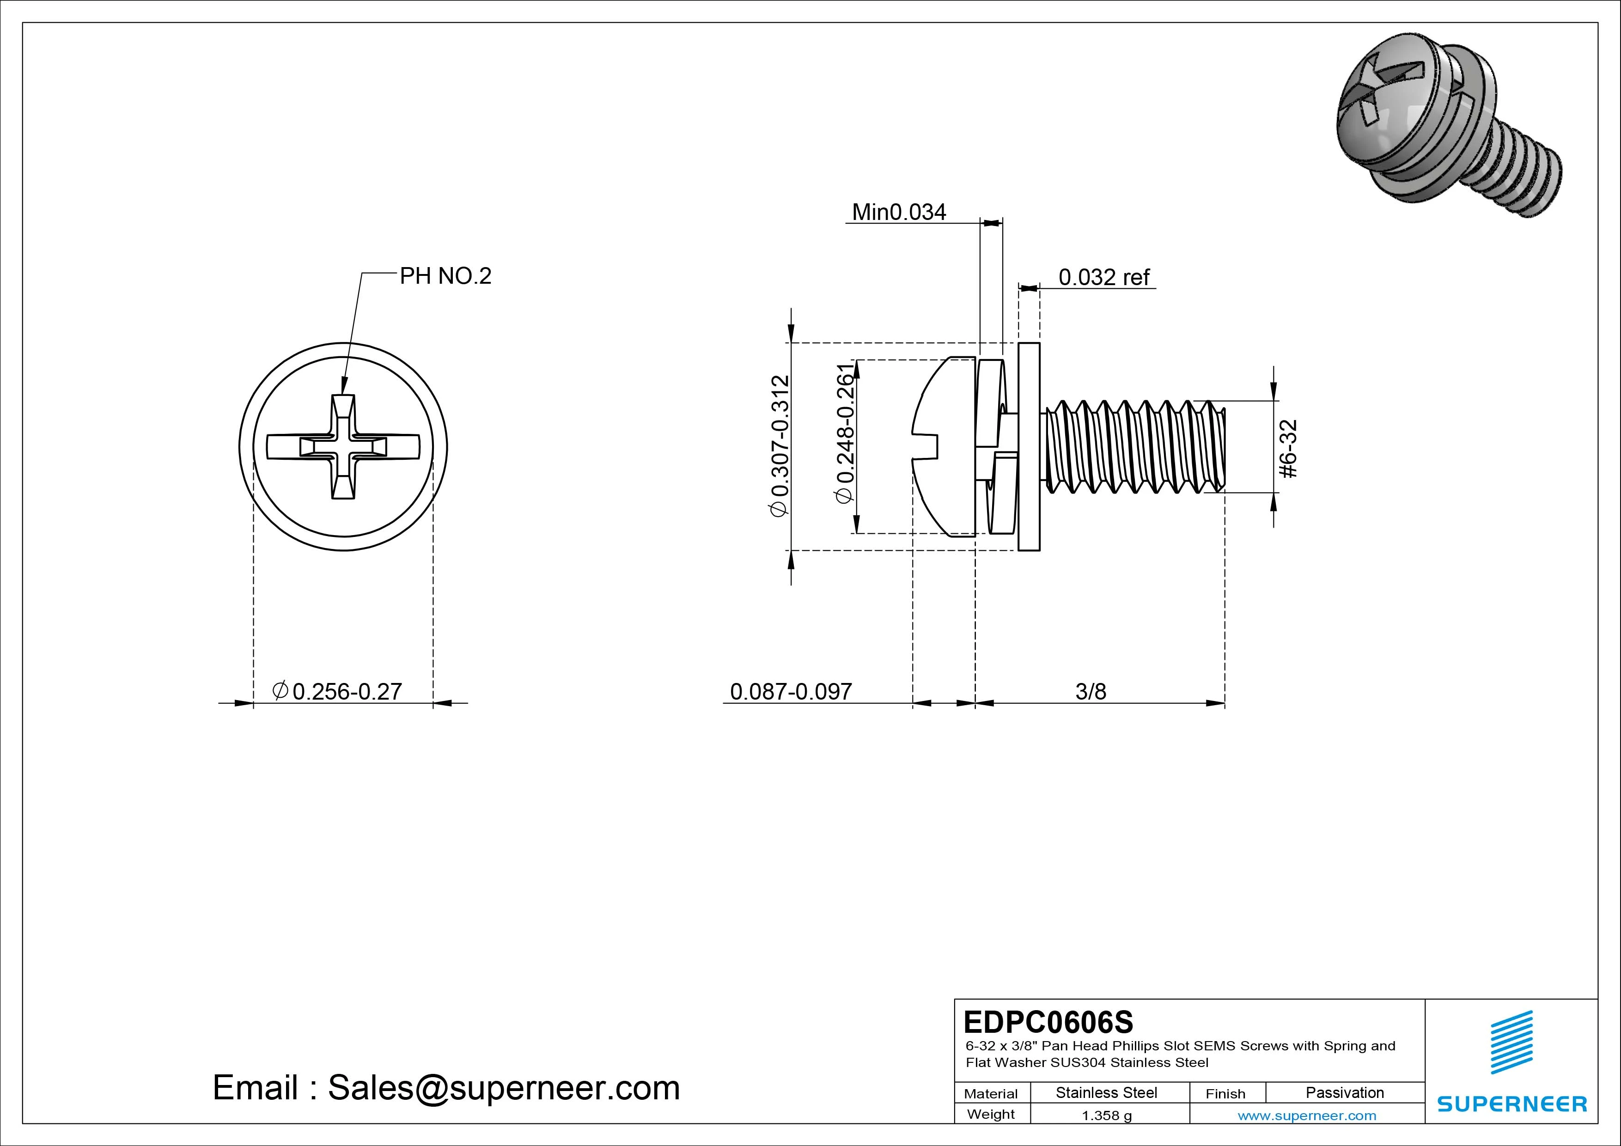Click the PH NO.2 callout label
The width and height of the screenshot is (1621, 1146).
click(445, 276)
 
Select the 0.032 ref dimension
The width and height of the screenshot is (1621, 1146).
click(1104, 278)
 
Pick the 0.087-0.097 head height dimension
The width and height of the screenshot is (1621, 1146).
click(791, 691)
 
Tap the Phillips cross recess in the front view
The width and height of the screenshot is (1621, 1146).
click(343, 447)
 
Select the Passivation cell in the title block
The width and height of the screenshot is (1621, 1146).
click(1344, 1092)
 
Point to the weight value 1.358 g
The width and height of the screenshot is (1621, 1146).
click(1106, 1116)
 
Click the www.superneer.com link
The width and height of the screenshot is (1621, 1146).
click(1306, 1116)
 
